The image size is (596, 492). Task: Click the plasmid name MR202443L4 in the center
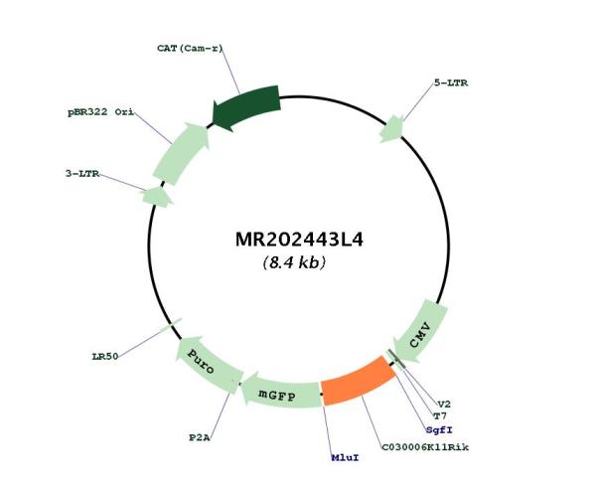point(299,240)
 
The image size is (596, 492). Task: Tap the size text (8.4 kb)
point(294,262)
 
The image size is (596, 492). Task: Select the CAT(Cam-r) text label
point(190,49)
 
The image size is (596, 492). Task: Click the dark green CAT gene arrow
point(246,107)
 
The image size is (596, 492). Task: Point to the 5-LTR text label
point(451,82)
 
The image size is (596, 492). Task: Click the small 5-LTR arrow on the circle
point(392,129)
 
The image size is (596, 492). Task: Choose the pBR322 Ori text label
point(100,112)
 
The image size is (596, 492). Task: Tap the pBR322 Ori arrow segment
point(182,153)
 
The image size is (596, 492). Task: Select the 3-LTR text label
point(82,174)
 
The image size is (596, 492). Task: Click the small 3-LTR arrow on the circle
point(157,197)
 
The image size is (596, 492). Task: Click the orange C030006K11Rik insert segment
point(358,381)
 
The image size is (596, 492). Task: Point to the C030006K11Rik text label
point(425,447)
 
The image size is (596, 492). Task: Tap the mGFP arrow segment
point(280,395)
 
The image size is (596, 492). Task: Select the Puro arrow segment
point(208,361)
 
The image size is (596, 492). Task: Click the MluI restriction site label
point(345,457)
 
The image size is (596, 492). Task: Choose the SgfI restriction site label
point(439,430)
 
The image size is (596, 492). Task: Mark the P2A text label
point(200,437)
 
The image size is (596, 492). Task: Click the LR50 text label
point(105,356)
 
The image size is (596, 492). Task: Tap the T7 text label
point(440,416)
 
